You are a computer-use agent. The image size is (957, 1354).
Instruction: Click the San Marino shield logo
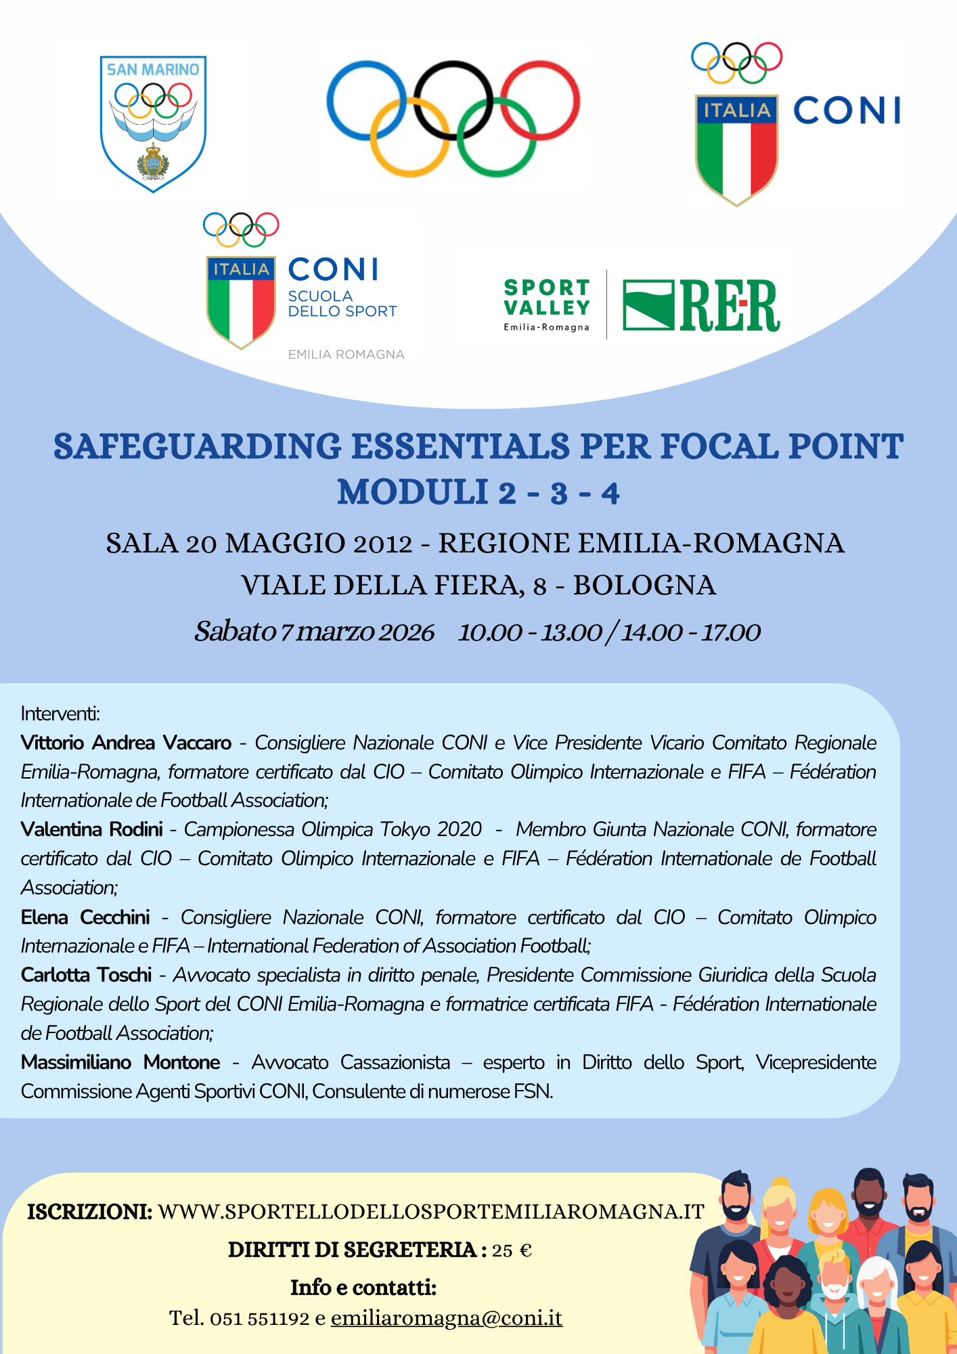(153, 124)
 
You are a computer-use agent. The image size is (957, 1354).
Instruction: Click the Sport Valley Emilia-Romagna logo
(547, 305)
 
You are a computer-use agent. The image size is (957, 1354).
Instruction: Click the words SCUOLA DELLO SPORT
(342, 304)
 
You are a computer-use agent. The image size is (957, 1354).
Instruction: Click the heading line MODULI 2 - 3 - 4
(478, 492)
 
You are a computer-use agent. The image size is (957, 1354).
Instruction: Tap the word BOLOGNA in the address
(644, 586)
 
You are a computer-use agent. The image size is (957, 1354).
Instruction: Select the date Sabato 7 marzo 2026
(314, 632)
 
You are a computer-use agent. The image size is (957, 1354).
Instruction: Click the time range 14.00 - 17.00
(691, 632)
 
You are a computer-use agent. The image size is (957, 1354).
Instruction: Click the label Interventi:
(60, 714)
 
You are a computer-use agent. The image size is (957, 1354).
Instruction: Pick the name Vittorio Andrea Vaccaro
(126, 743)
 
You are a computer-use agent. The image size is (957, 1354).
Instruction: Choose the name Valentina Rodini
(92, 829)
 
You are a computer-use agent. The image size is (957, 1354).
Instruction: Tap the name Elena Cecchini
(85, 917)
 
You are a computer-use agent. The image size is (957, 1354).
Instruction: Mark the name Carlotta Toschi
(86, 975)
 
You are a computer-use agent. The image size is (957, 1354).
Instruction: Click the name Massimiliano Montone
(120, 1062)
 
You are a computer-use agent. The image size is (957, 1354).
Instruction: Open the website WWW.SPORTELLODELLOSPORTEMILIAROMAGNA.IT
(431, 1212)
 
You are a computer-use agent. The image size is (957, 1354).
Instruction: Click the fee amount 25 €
(512, 1250)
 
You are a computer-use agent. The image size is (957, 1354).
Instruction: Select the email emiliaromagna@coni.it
(447, 1318)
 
